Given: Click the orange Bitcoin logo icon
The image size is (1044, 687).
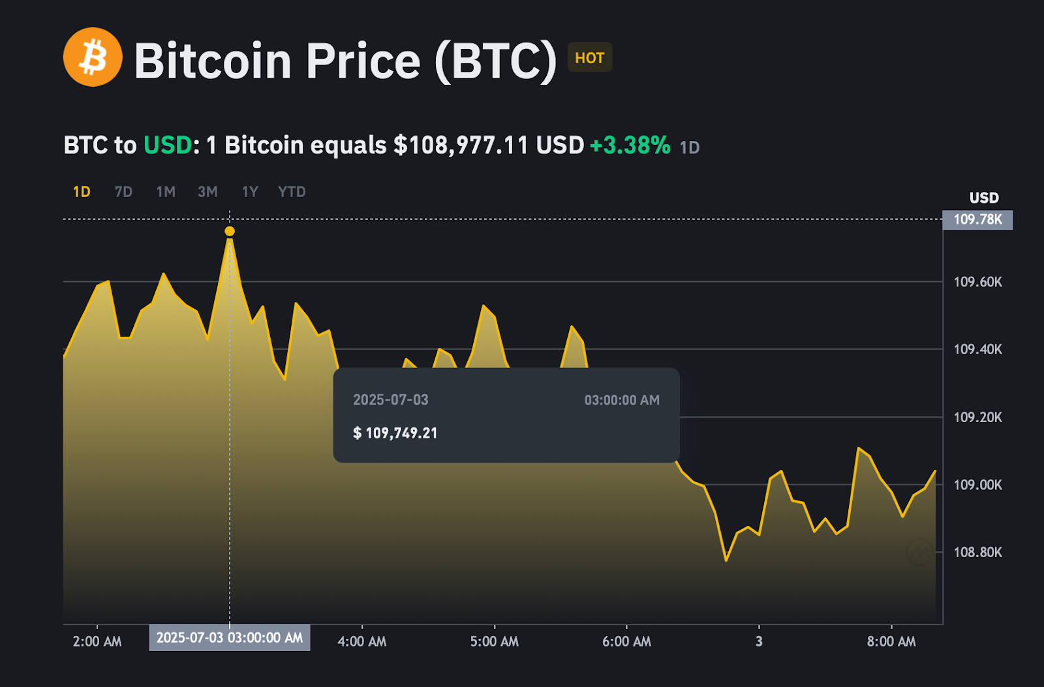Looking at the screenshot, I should [x=93, y=57].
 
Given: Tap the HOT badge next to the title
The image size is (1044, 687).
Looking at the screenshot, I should [x=590, y=58].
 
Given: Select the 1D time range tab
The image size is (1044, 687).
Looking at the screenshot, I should [x=82, y=192].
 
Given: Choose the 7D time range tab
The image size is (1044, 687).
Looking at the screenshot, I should [x=123, y=192].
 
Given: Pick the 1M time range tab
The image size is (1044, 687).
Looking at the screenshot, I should [x=166, y=192].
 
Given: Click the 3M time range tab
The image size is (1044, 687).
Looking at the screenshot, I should [x=207, y=192].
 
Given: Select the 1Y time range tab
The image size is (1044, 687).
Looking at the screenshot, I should [x=250, y=192].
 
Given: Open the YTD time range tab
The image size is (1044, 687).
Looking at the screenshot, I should [x=292, y=192].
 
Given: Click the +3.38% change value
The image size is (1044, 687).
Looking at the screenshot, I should [x=630, y=145].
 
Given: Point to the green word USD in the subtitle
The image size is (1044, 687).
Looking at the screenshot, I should [x=168, y=145].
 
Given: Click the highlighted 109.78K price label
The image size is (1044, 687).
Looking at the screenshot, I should [x=977, y=220].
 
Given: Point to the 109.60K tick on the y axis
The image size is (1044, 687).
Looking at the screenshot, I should [x=977, y=282].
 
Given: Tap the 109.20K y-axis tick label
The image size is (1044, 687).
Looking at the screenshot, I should [x=977, y=418].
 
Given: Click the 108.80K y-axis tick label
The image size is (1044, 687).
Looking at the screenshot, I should [x=977, y=553].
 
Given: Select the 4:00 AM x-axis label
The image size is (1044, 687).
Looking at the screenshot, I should [x=361, y=641].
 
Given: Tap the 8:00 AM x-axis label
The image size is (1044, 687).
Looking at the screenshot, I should [x=891, y=641].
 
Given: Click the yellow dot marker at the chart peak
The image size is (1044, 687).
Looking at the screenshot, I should [x=230, y=231].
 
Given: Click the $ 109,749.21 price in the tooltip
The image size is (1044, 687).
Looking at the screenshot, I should [x=395, y=433].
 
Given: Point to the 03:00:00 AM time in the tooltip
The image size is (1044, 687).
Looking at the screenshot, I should [x=622, y=400].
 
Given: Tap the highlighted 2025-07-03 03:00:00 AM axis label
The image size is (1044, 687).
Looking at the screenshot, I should [x=230, y=637].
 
